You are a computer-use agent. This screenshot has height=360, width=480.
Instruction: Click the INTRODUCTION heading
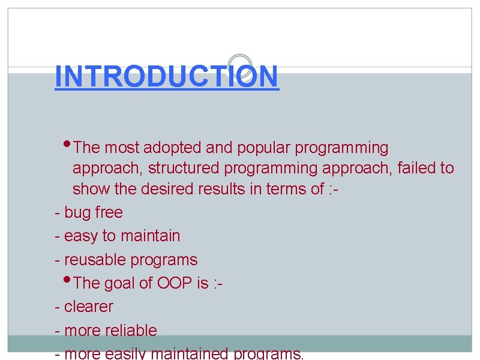click(x=166, y=77)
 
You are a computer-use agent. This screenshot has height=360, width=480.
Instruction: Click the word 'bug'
click(x=77, y=213)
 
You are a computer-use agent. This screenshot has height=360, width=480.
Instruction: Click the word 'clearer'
click(x=88, y=307)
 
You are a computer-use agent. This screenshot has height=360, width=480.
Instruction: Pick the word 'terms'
click(x=288, y=190)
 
